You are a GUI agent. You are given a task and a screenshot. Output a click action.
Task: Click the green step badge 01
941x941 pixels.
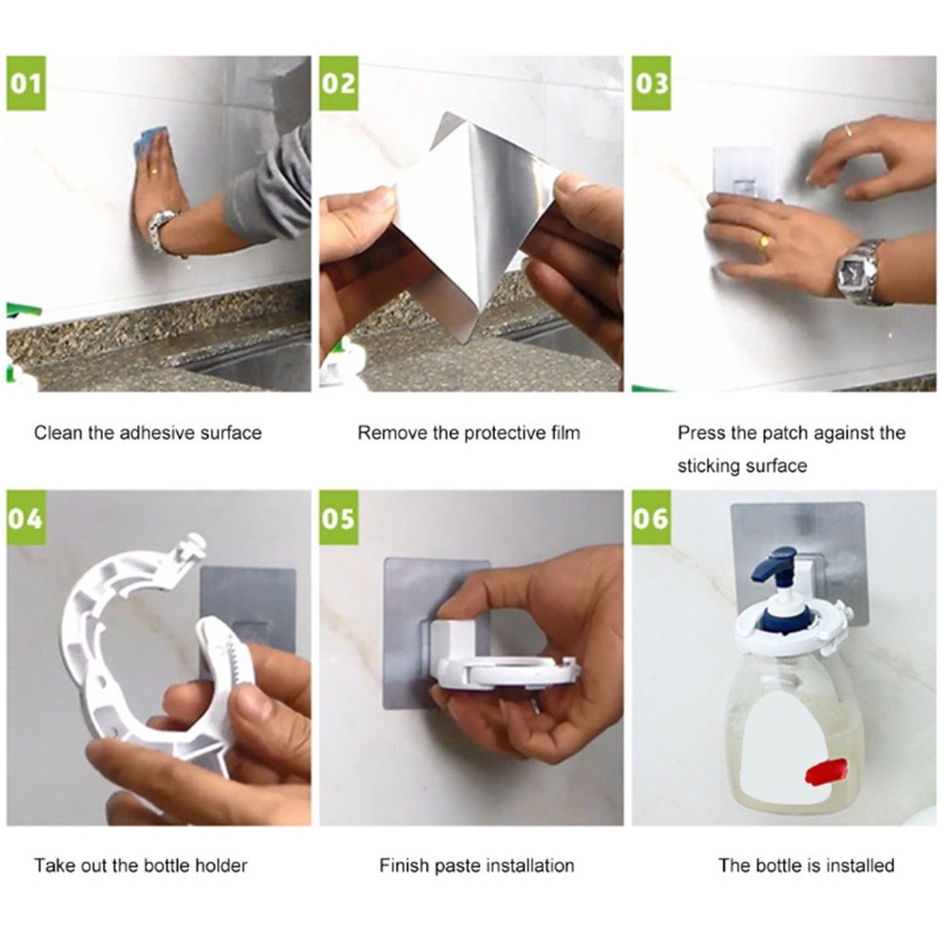coord(25,84)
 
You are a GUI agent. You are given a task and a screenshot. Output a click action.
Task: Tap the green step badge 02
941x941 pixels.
coord(339,84)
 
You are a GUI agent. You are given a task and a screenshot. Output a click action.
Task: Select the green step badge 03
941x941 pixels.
coord(651,84)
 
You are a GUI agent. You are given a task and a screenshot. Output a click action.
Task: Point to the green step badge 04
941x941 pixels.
coord(25,518)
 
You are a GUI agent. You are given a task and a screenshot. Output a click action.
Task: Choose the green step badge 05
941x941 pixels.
coord(339,518)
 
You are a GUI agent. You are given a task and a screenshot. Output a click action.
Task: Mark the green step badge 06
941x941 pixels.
coord(651,518)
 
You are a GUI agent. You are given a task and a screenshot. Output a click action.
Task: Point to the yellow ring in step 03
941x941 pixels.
coord(764,241)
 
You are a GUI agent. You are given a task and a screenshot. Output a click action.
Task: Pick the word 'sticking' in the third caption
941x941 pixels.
coord(702,466)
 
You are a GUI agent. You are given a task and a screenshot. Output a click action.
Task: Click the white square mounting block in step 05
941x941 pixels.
coord(455,642)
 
